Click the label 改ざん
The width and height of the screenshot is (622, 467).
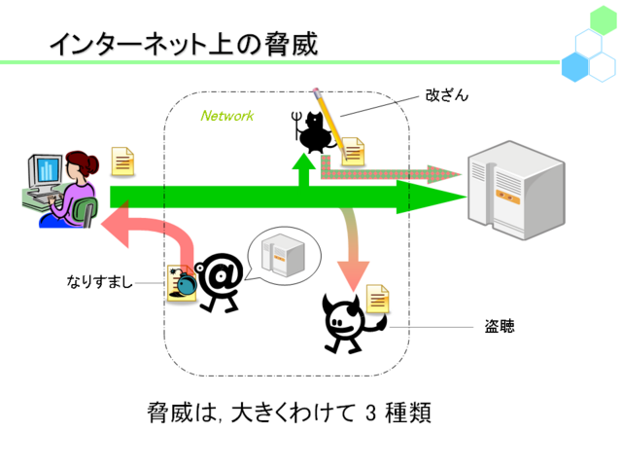coord(447,95)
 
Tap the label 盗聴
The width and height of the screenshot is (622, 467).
coord(500,327)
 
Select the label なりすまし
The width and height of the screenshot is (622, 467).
coord(99,281)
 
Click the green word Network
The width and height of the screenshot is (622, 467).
coord(226,116)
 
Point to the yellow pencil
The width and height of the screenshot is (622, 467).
coord(329,123)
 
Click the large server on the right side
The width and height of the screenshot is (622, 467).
coord(516,190)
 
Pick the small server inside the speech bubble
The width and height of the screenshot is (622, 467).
coord(283,255)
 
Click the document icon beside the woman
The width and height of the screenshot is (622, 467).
coord(122,162)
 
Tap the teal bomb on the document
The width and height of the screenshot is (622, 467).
coord(187,283)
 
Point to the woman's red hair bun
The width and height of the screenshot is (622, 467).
coord(92,164)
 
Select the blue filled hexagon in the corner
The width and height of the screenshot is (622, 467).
coord(574,67)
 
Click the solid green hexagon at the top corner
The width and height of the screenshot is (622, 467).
coord(604,19)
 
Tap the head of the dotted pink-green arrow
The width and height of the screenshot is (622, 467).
coord(443,174)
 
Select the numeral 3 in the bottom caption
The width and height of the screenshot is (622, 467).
coord(370,413)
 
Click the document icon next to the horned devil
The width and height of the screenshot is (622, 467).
coord(377,299)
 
